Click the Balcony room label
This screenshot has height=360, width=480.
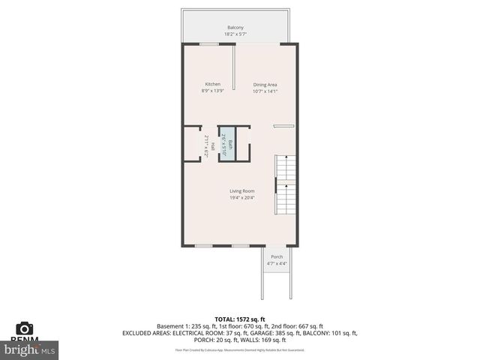coord(235,28)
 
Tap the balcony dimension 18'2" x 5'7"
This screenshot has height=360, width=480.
coord(235,34)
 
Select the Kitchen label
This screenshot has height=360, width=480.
coord(213,84)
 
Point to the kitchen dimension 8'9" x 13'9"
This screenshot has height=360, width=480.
coord(213,91)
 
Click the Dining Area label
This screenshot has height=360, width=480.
coord(265,85)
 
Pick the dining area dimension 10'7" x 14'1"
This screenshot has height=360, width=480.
coord(265,91)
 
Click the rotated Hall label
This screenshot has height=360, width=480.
coord(212,145)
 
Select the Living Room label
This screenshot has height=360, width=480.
coord(241,191)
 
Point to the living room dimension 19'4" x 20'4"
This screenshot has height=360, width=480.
coord(241,198)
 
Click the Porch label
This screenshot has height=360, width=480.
coord(277,256)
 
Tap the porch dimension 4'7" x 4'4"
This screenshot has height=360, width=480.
coord(277,263)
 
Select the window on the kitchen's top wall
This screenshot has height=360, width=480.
coord(209,44)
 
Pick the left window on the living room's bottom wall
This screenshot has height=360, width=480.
coord(203,245)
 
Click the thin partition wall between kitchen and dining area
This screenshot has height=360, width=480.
coord(234,70)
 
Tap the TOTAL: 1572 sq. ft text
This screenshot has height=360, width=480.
coord(241,319)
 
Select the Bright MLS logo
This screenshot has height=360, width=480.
coord(30,349)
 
